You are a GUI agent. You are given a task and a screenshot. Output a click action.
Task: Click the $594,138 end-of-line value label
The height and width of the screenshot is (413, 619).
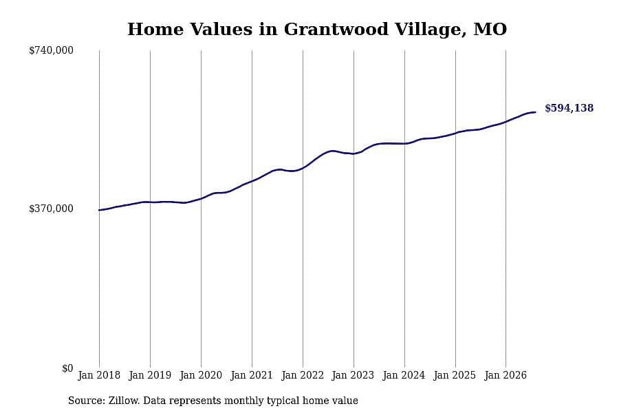[569, 108]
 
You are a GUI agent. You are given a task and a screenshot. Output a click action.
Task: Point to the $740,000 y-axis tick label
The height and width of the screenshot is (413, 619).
[51, 50]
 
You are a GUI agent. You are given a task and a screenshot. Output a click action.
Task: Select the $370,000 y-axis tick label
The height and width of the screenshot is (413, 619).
[51, 209]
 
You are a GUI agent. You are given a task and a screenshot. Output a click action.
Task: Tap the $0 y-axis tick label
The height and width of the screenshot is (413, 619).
[67, 368]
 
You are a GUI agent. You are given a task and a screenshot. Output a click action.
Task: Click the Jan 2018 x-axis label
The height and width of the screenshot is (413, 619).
[99, 375]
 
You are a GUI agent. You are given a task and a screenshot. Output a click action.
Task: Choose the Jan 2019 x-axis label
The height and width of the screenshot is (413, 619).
[150, 375]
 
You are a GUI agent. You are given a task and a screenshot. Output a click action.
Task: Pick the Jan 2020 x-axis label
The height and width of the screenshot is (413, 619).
[201, 375]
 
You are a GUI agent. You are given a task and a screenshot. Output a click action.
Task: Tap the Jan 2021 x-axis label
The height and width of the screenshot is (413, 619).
[252, 375]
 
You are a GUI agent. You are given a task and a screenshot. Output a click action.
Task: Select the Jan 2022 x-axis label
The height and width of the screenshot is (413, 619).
[303, 375]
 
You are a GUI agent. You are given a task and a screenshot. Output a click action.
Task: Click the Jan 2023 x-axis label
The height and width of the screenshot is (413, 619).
[353, 375]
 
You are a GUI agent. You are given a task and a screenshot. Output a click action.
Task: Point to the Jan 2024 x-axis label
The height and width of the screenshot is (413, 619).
[404, 375]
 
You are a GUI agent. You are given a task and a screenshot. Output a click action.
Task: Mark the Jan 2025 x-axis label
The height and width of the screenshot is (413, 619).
[455, 375]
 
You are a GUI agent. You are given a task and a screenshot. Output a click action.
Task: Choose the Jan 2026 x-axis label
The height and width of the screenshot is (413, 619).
[506, 375]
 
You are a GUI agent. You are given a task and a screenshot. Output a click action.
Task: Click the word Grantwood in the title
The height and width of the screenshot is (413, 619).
[336, 30]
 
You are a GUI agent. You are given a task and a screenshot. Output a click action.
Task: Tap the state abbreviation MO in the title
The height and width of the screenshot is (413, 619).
[490, 29]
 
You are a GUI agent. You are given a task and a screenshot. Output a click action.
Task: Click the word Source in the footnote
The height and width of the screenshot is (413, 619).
[87, 401]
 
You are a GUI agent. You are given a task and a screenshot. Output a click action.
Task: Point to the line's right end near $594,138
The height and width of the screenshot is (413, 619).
[535, 112]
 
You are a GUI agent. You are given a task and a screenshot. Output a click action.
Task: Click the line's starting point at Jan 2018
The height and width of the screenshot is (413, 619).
[99, 210]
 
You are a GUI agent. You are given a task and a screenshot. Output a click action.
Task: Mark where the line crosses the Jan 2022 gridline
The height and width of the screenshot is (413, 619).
[303, 167]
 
